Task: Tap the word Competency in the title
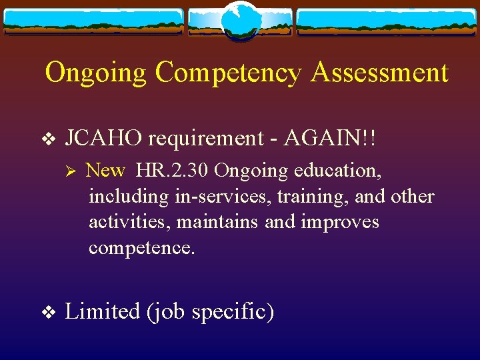pos(228,73)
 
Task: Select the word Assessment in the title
pos(379,73)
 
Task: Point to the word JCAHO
pos(104,139)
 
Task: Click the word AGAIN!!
pos(331,139)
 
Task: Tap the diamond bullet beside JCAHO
pos(47,139)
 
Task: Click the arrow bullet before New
pos(75,171)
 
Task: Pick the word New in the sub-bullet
pos(105,171)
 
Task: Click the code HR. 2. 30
pos(173,171)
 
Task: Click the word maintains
pos(217,222)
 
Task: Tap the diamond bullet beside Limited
pos(47,311)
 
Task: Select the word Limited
pos(103,311)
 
